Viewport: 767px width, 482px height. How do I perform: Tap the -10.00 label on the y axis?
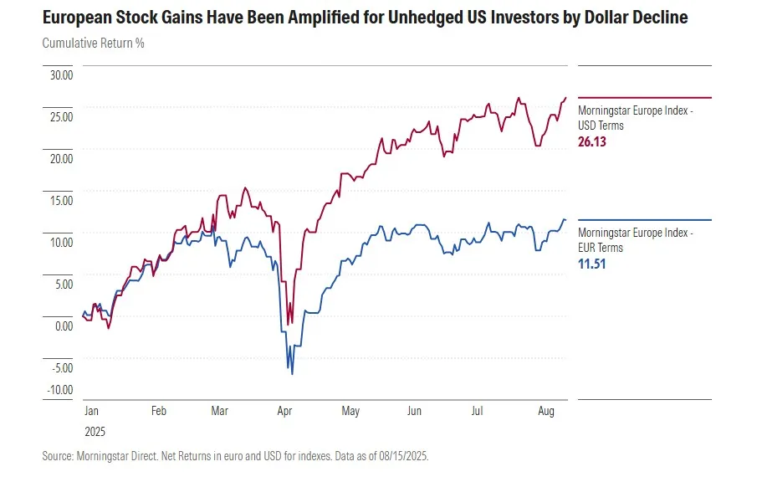60,389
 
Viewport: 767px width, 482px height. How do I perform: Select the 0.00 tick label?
64,326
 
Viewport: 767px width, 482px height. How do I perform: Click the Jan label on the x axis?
92,412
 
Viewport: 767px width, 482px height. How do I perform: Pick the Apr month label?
284,412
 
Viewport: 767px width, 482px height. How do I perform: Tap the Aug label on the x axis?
546,412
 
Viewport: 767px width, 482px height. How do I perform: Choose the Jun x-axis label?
414,412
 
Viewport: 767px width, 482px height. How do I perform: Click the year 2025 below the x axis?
95,433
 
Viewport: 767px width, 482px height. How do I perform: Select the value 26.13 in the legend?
591,142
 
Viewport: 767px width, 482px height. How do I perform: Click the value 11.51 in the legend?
591,264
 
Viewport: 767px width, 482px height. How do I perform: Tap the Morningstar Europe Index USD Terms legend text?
634,118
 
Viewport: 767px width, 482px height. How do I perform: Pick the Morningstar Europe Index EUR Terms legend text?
634,240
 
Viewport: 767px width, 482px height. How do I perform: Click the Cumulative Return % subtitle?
94,43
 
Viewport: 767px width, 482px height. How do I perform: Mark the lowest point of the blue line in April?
292,373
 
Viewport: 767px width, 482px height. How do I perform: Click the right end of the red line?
565,98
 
